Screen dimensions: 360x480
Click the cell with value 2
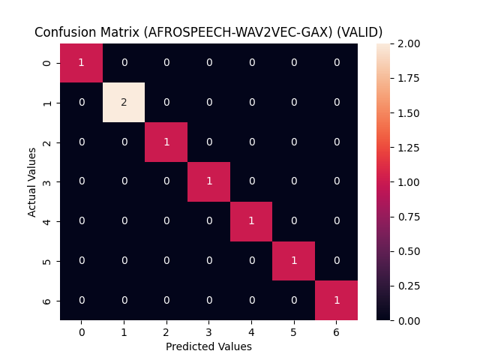pyautogui.click(x=124, y=102)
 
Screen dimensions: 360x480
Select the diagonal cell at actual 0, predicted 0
pyautogui.click(x=81, y=63)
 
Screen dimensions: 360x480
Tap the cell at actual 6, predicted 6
pyautogui.click(x=337, y=300)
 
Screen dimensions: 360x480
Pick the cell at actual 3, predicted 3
pyautogui.click(x=208, y=181)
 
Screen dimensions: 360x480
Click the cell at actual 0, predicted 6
pyautogui.click(x=337, y=63)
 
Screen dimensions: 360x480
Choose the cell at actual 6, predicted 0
pyautogui.click(x=81, y=300)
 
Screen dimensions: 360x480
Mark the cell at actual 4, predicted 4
pyautogui.click(x=251, y=221)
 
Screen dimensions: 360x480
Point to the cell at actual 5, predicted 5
pyautogui.click(x=294, y=260)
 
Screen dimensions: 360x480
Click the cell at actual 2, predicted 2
pyautogui.click(x=166, y=142)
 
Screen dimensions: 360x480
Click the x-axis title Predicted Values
pyautogui.click(x=208, y=346)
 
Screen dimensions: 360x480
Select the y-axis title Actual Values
pyautogui.click(x=32, y=181)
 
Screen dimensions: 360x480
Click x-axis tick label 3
pyautogui.click(x=208, y=331)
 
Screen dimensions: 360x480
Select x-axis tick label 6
pyautogui.click(x=337, y=331)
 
